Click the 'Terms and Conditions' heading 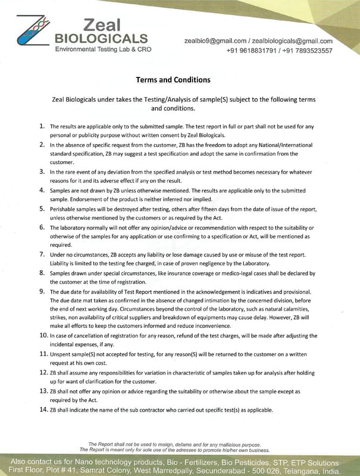173,80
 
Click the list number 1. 42,127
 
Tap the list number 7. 42,254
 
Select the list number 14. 43,410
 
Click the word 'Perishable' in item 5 65,210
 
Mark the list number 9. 42,291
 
